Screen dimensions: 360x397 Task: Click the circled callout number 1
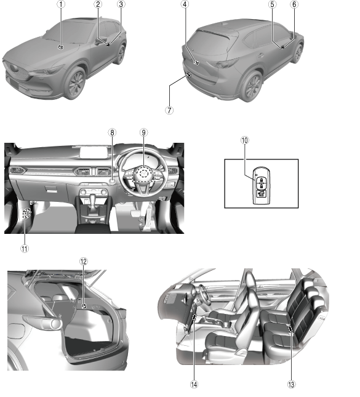coord(61,4)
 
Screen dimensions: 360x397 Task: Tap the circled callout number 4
coord(185,4)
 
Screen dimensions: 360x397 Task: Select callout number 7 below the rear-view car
coord(169,110)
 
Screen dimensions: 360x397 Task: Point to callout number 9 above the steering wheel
coord(143,132)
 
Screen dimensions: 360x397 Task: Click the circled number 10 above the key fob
coord(245,140)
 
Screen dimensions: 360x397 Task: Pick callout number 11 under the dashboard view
coord(25,249)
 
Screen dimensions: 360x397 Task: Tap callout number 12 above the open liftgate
coord(84,262)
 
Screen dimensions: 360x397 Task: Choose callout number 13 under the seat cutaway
coord(292,384)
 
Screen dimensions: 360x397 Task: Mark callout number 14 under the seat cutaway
coord(194,384)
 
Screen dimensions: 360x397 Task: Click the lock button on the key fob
coord(261,180)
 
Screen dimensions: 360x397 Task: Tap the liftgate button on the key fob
coord(261,194)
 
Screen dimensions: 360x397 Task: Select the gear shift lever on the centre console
coord(92,201)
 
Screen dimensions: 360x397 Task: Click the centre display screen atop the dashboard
coord(94,153)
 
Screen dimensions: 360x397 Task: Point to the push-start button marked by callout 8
coord(112,181)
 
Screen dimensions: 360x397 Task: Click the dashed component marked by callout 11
coord(26,214)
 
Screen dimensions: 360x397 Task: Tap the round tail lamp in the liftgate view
coord(55,324)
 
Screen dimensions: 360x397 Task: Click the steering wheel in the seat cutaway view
coord(205,294)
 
